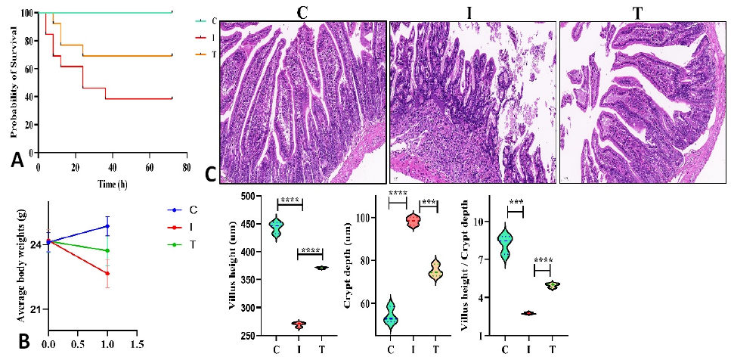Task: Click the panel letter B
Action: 23,342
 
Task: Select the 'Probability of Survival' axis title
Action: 14,82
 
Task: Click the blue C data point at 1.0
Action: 107,226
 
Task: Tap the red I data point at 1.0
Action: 107,273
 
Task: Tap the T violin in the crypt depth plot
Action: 437,272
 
